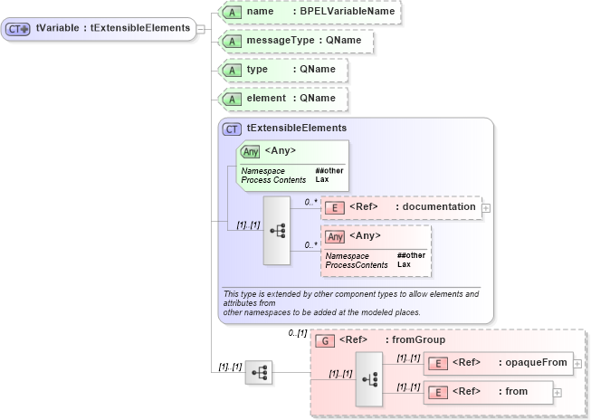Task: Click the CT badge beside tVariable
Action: coord(18,29)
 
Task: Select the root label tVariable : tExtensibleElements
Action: coord(112,28)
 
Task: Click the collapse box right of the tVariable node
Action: coord(200,29)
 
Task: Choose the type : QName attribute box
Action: coord(284,70)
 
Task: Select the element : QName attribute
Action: coord(284,99)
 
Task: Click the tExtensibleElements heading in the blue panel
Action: coord(283,129)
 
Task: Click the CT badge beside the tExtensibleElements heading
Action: coord(232,129)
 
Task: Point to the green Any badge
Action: coord(251,151)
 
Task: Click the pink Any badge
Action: coord(335,237)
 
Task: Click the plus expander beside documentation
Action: coord(487,208)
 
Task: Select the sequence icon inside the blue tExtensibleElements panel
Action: coord(277,231)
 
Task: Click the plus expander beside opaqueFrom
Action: coord(577,364)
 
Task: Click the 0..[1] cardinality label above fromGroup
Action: coord(297,333)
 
